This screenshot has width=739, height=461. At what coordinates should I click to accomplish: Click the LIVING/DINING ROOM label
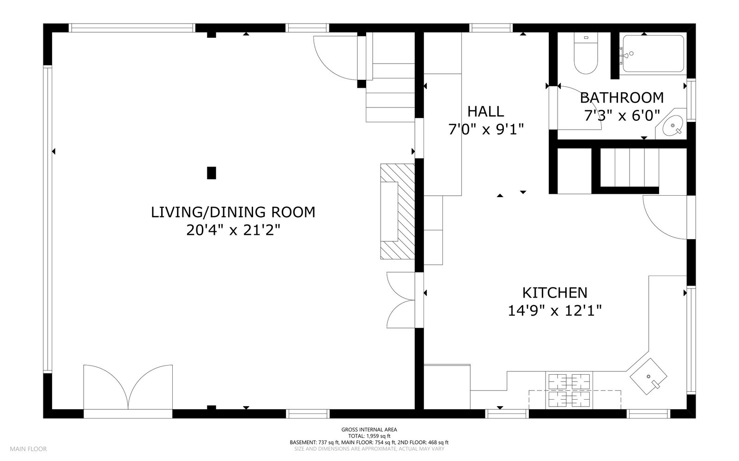pyautogui.click(x=233, y=212)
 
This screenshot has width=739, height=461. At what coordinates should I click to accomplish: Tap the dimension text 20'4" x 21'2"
pyautogui.click(x=233, y=230)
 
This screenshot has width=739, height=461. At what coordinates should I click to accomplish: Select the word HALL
pyautogui.click(x=485, y=112)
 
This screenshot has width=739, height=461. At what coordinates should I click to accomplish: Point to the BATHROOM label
pyautogui.click(x=622, y=98)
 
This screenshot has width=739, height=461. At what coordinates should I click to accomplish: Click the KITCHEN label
pyautogui.click(x=555, y=293)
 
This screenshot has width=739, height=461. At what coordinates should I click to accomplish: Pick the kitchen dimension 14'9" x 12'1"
pyautogui.click(x=555, y=311)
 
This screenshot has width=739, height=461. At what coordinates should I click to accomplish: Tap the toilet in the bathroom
pyautogui.click(x=586, y=53)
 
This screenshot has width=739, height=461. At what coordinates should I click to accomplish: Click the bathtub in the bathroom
pyautogui.click(x=653, y=54)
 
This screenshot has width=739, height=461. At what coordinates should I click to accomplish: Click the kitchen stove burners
pyautogui.click(x=569, y=390)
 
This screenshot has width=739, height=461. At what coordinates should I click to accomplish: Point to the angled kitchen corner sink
pyautogui.click(x=648, y=376)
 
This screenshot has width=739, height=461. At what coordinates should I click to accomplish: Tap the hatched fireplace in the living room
pyautogui.click(x=398, y=211)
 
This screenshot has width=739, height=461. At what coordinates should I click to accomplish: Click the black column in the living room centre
pyautogui.click(x=212, y=173)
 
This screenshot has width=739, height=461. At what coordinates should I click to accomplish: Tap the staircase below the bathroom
pyautogui.click(x=629, y=168)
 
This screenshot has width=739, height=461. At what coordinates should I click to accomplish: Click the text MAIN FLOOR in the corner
pyautogui.click(x=28, y=449)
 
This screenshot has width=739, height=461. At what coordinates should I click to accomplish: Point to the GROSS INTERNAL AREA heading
pyautogui.click(x=369, y=430)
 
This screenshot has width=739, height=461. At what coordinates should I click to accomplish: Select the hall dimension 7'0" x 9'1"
pyautogui.click(x=486, y=130)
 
